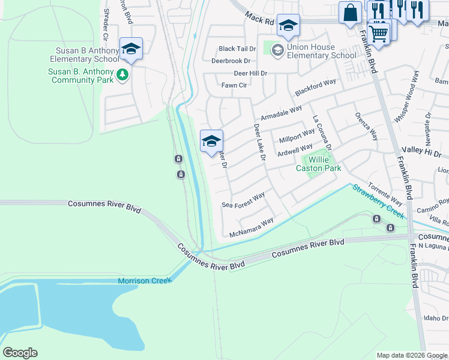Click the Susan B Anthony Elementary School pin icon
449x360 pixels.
point(130,49)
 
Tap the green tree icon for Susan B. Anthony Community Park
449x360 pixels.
point(122,75)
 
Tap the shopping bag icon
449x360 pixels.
point(350,13)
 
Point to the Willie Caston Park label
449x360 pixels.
point(318,164)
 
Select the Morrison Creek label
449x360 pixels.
point(145,280)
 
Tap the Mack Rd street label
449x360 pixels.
point(259,20)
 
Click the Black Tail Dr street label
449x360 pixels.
point(237,49)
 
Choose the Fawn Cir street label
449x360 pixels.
point(234,85)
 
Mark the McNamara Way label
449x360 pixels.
point(251,226)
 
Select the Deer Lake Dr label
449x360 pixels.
point(259,143)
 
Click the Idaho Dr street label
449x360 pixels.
point(436,318)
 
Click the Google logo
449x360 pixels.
point(20,353)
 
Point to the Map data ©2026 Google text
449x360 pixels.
point(411,355)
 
